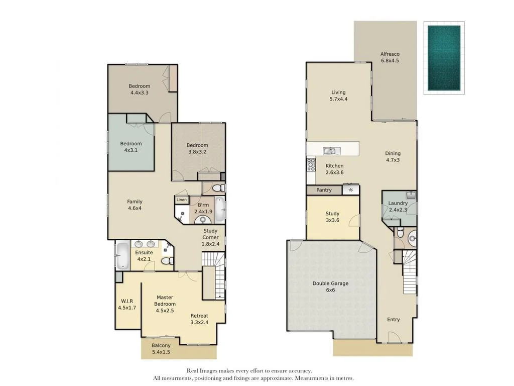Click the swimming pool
tap(444, 58)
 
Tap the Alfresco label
tap(390, 57)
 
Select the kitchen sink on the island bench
tap(331, 150)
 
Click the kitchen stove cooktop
tap(311, 164)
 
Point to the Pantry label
tap(324, 190)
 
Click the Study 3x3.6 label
tap(332, 217)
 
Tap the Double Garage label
tap(330, 286)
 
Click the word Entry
tap(394, 320)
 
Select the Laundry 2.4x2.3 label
tap(398, 207)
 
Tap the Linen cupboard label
tap(181, 200)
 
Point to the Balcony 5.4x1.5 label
tap(161, 349)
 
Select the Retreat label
tap(199, 319)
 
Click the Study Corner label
tap(210, 237)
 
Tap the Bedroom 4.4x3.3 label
tap(139, 89)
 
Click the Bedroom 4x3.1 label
tap(131, 147)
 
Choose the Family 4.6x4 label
tap(135, 205)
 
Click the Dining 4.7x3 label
tap(393, 157)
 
